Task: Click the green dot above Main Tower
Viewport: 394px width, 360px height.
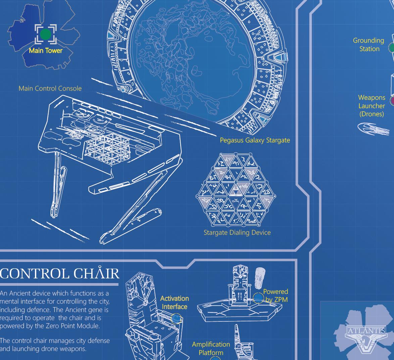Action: (x=45, y=34)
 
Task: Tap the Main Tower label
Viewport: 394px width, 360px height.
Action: (x=46, y=51)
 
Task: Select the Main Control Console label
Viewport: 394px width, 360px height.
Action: (x=50, y=88)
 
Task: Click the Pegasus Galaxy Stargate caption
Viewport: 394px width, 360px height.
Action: (x=255, y=140)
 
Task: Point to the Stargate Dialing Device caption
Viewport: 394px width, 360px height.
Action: (x=237, y=232)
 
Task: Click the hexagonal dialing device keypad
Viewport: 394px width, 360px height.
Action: (x=236, y=189)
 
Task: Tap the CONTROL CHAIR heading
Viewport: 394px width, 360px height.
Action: (x=60, y=273)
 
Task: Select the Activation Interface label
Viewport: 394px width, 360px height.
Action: (x=175, y=302)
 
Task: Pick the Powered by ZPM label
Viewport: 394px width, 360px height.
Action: (x=276, y=295)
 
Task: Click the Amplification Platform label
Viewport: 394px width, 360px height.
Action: (x=211, y=348)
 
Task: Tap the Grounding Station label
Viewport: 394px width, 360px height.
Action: (x=369, y=44)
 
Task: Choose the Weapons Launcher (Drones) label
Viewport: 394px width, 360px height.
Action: (x=372, y=105)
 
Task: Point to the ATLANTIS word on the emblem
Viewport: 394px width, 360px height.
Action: (x=366, y=330)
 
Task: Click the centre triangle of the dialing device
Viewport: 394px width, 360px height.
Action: (x=236, y=189)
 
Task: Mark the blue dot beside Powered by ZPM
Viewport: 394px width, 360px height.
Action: (x=258, y=298)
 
